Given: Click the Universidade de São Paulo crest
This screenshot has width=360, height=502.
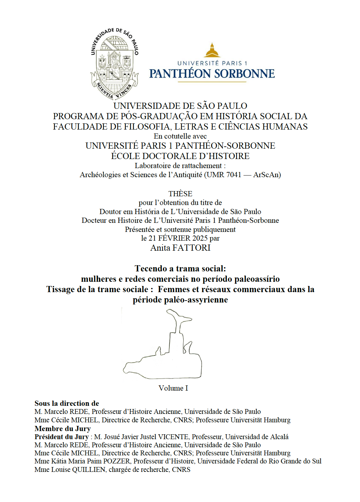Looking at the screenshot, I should click(x=114, y=63).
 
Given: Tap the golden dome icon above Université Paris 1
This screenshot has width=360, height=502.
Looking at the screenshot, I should click(x=212, y=51).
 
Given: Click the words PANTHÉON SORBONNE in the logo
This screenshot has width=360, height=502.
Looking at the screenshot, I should click(x=212, y=74).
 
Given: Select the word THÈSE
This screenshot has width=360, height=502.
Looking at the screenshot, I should click(x=180, y=194).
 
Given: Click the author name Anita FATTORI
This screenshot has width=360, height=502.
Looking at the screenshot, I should click(x=180, y=248).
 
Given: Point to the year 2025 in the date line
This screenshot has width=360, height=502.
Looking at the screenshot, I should click(x=200, y=238).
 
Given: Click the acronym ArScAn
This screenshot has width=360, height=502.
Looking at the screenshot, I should click(x=266, y=175).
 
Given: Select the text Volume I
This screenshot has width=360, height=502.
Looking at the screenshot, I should click(x=173, y=388).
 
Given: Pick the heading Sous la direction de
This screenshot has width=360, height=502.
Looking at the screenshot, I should click(x=67, y=403).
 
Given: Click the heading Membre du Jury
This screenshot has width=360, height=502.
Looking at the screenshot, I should click(x=62, y=428).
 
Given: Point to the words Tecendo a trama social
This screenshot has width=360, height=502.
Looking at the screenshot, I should click(x=180, y=268).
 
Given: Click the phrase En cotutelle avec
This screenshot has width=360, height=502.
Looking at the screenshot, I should click(x=180, y=136).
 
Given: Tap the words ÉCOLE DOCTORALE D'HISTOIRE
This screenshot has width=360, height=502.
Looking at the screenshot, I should click(x=180, y=156).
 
